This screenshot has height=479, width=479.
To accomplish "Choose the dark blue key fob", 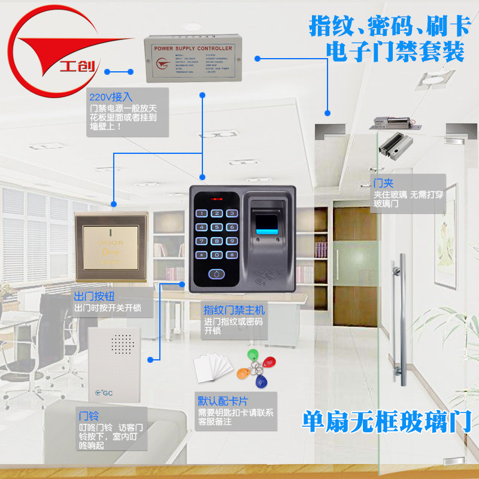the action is click(261, 381).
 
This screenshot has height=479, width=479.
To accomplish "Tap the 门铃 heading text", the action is click(90, 415).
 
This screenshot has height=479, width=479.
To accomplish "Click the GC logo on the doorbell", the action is click(105, 393).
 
